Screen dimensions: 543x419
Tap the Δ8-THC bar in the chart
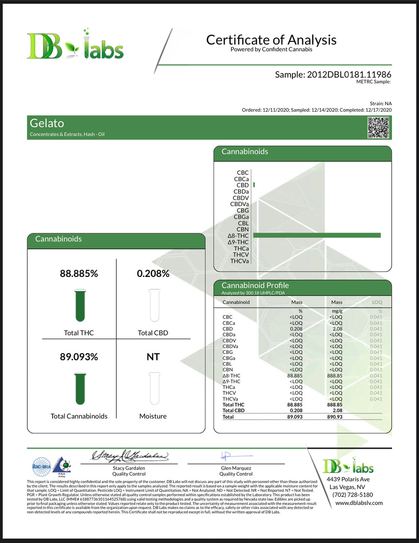point(317,235)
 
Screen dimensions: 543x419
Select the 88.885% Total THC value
point(79,274)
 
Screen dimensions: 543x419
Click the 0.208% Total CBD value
point(153,274)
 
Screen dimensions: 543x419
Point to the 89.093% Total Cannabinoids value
point(79,357)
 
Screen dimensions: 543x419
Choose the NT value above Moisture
point(153,357)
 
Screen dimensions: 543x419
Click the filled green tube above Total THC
point(80,306)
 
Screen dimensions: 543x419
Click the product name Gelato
point(47,123)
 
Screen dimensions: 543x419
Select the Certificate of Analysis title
point(271,40)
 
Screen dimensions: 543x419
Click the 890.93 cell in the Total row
point(336,417)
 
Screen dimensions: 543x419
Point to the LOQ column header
point(377,302)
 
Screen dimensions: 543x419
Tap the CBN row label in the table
point(228,369)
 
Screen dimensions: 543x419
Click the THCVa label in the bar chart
point(239,261)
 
